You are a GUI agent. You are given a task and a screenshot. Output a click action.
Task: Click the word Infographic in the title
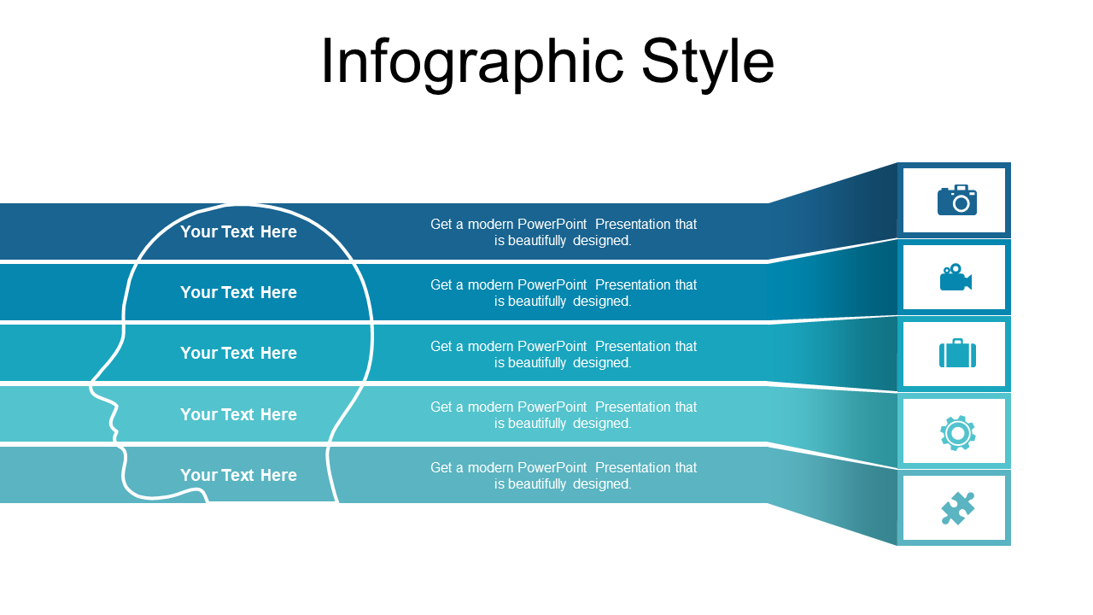472,63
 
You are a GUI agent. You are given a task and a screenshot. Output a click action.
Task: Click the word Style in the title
708,63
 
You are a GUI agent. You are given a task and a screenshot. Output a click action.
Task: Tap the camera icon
957,200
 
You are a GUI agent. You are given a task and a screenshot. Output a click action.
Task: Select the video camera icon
956,278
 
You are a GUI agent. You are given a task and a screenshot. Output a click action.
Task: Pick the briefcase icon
957,354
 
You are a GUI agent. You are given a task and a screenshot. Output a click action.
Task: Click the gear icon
957,433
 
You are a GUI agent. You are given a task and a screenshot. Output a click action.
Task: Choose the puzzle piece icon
957,508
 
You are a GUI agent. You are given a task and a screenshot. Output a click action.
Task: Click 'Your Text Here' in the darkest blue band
238,231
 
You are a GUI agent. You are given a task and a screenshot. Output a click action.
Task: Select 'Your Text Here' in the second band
238,292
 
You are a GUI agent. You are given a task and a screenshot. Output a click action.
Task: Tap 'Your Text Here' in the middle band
238,353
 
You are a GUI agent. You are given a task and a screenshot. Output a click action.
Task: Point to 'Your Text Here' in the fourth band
238,414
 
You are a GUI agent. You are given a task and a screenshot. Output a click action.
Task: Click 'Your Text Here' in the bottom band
238,475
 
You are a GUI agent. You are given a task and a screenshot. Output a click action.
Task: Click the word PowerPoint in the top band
552,224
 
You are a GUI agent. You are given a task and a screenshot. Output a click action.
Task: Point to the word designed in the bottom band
602,483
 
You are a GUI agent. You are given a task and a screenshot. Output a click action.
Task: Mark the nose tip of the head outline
91,388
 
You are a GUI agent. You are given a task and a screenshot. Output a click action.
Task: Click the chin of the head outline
146,497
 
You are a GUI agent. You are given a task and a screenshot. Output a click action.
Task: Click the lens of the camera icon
961,203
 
